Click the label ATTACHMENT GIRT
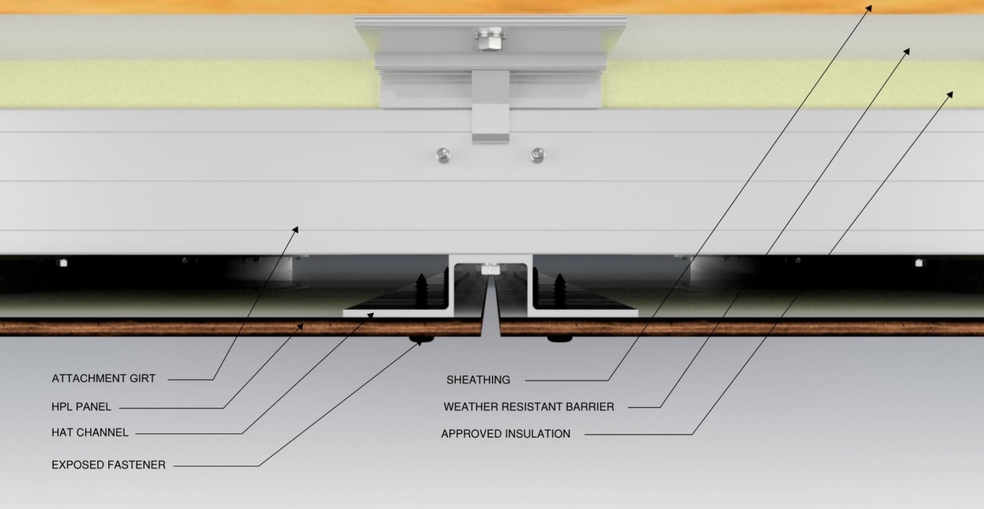[104, 378]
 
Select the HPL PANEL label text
[81, 407]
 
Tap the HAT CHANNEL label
[90, 432]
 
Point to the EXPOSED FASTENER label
[108, 464]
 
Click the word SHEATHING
[478, 379]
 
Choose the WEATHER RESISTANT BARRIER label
[529, 407]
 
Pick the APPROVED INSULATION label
[506, 434]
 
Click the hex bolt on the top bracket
[490, 39]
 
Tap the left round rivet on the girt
[443, 155]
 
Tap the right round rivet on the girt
[538, 155]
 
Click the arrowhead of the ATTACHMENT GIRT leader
[296, 229]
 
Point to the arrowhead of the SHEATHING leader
[869, 8]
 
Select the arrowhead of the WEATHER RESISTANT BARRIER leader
[907, 51]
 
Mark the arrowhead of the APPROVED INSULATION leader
[950, 94]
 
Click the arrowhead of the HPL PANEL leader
[301, 326]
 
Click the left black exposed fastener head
[421, 339]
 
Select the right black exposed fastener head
[560, 339]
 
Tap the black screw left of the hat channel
[421, 290]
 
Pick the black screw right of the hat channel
[559, 290]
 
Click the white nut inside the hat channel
[490, 269]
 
